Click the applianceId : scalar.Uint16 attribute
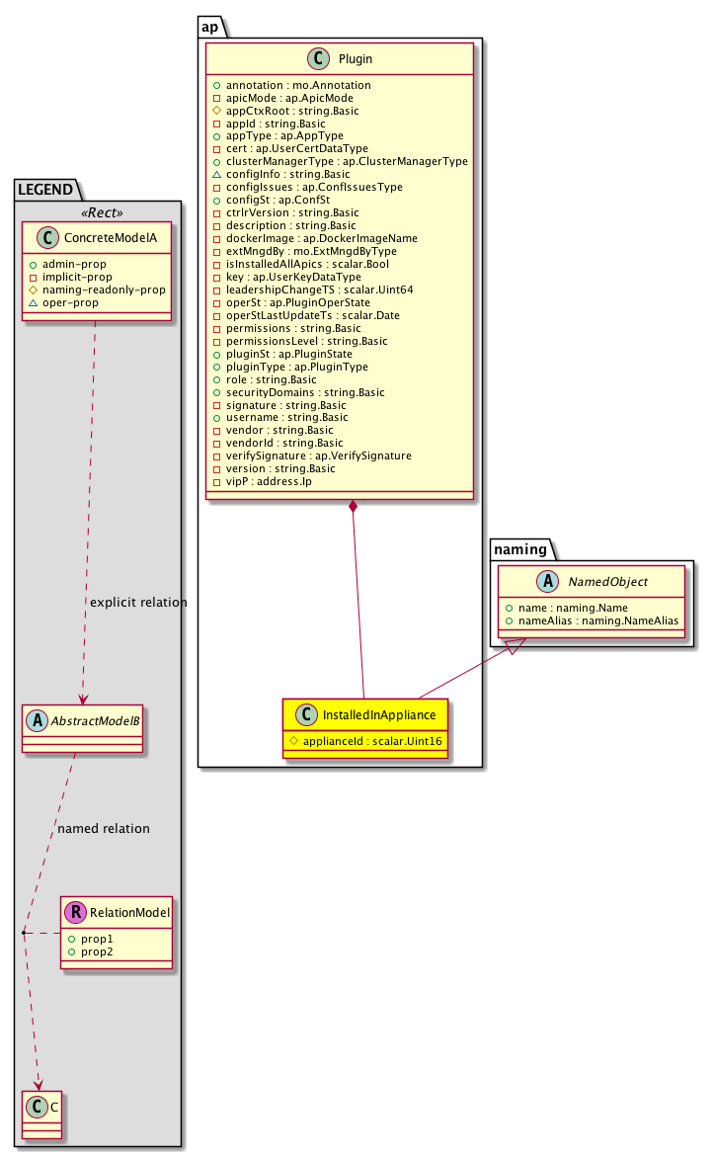(x=365, y=739)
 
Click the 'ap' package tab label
(x=209, y=27)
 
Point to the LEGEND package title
(x=47, y=188)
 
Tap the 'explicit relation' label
(x=138, y=602)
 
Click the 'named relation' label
(x=104, y=828)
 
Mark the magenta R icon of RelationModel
(x=74, y=914)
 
